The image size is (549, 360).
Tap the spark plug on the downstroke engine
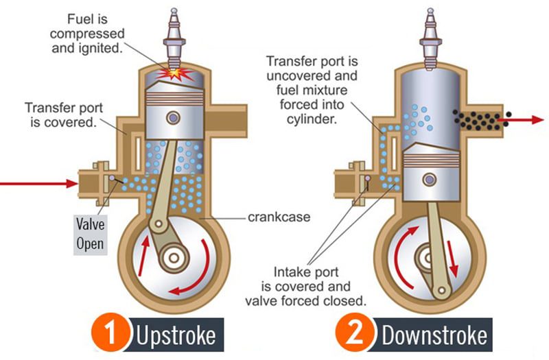click(428, 38)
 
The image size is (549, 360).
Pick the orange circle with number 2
click(357, 335)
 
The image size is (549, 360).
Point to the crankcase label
click(272, 218)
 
